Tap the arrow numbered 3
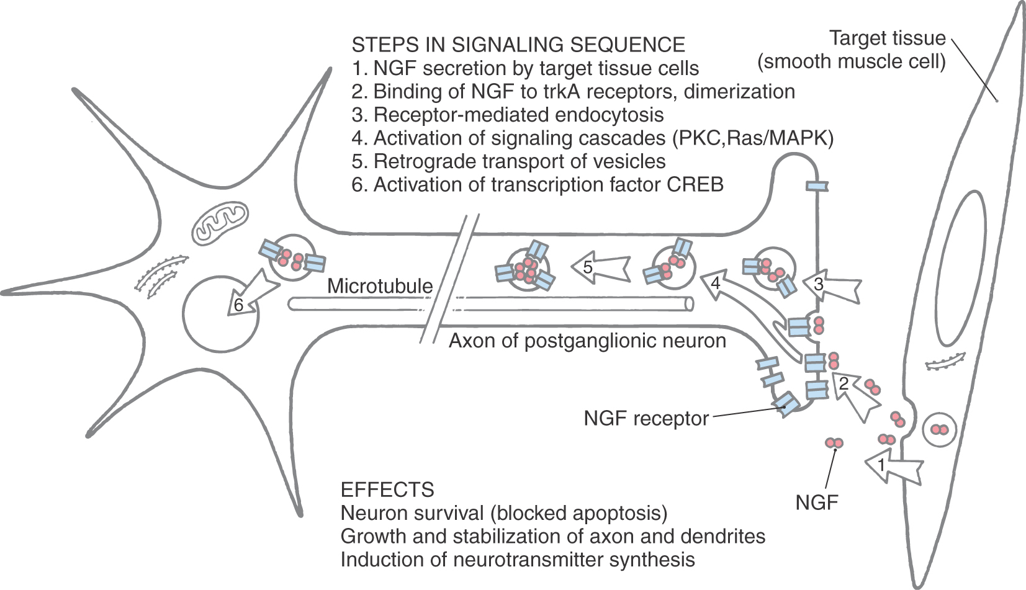click(832, 286)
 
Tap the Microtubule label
click(380, 286)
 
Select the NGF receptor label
click(646, 419)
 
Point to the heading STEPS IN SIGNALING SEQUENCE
click(518, 45)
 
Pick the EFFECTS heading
click(387, 489)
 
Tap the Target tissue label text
click(887, 38)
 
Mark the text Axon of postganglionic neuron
click(587, 341)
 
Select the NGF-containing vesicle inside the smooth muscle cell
click(939, 429)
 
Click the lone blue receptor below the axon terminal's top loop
click(816, 186)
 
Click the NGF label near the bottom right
click(817, 502)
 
